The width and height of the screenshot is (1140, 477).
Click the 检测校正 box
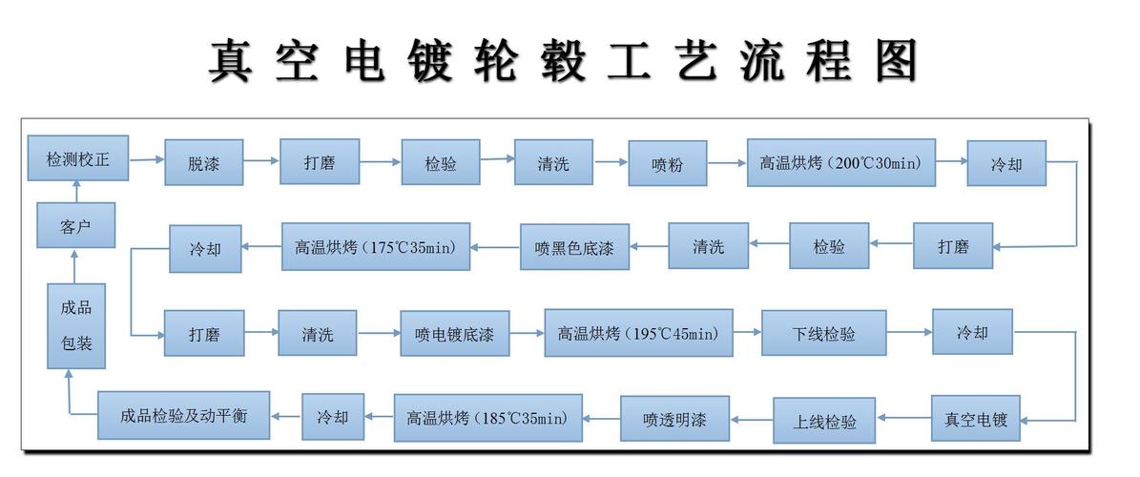(x=78, y=159)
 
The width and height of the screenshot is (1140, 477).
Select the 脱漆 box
(x=204, y=163)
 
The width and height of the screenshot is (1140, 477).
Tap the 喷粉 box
(x=668, y=164)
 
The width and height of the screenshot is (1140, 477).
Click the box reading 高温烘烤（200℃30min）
(x=840, y=162)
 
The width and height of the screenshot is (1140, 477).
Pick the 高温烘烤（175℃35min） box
(x=375, y=247)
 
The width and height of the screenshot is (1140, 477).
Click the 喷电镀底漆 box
(x=454, y=335)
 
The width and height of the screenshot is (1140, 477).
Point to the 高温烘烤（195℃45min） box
(x=638, y=333)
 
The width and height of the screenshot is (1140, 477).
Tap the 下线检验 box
(x=823, y=334)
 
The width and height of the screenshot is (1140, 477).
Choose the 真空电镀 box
(x=975, y=419)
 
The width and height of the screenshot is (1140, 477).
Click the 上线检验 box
(x=825, y=421)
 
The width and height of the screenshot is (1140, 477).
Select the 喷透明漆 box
(x=675, y=419)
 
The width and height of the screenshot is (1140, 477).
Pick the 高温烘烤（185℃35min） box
(x=487, y=417)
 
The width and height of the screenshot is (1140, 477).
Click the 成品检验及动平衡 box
(x=184, y=416)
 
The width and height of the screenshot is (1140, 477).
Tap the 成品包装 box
(x=77, y=325)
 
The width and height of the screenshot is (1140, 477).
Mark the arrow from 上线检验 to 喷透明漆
(x=752, y=419)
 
